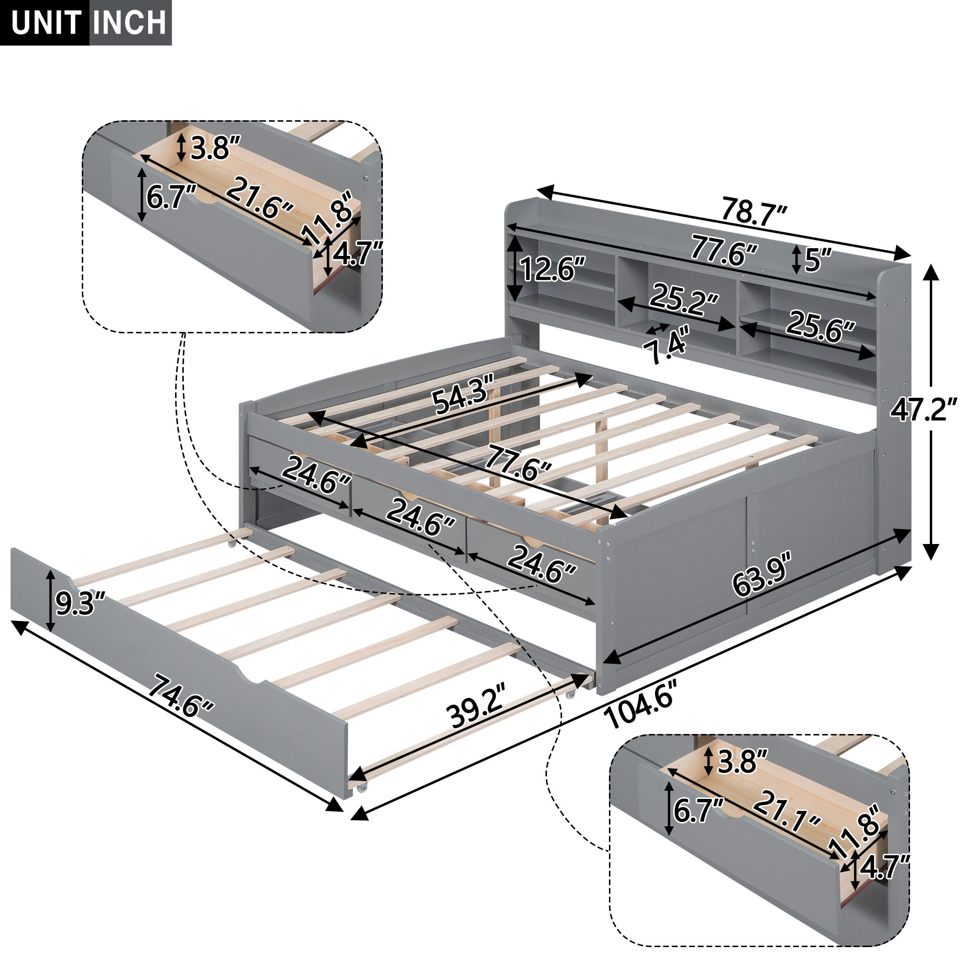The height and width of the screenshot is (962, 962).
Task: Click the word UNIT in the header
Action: [46, 23]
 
